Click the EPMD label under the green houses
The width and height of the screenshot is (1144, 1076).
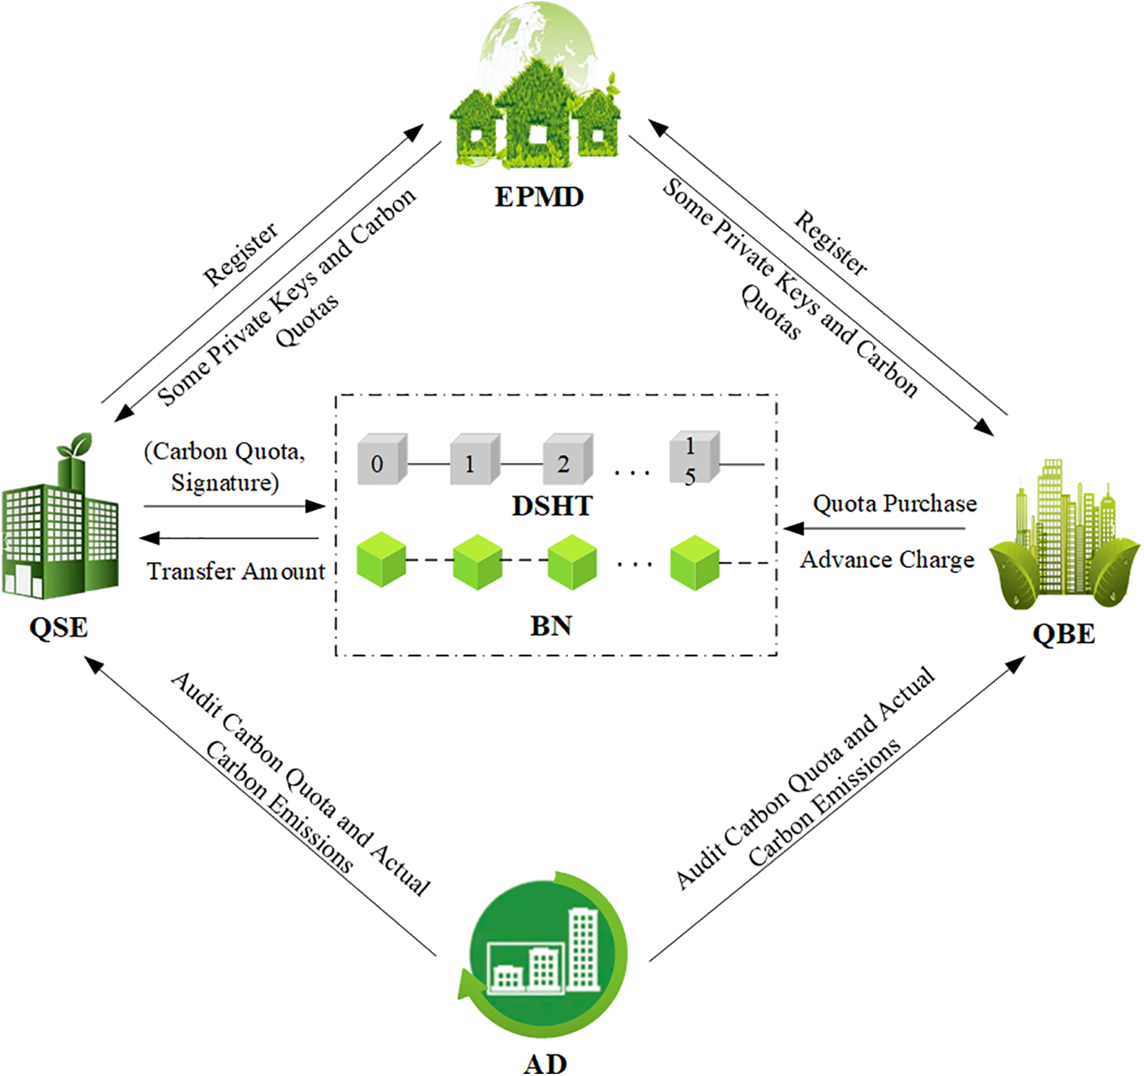(539, 197)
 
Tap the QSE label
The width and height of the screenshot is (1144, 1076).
(58, 628)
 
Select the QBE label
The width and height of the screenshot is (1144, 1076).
(1063, 633)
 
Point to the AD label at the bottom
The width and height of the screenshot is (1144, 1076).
(545, 1063)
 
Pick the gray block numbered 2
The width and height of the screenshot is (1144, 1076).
(567, 461)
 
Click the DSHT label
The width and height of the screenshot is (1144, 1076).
(552, 507)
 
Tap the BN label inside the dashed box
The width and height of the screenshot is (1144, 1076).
(551, 626)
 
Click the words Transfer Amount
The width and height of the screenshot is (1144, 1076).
(236, 571)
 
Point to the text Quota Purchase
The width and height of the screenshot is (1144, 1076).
(895, 504)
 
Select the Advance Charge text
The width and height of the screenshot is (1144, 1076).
(887, 560)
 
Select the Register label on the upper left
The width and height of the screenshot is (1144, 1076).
(241, 254)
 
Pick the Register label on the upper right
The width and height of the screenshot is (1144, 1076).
(831, 243)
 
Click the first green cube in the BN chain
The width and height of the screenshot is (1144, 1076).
(381, 559)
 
